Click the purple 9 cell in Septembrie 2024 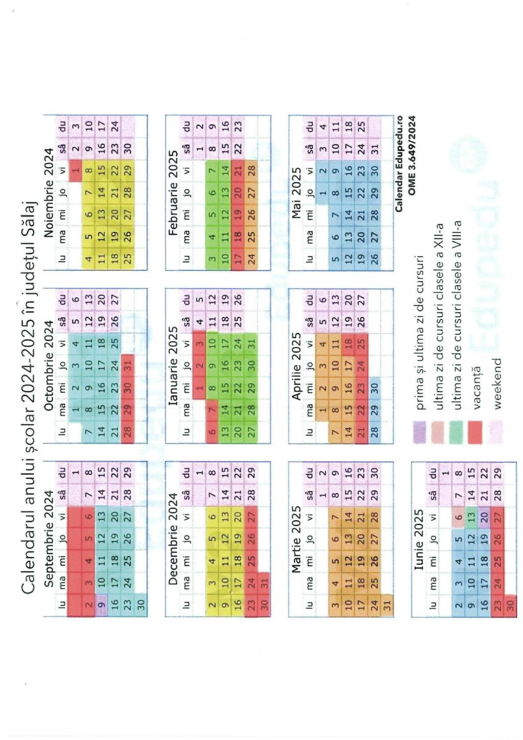[x=101, y=604]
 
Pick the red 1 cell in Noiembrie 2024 [x=76, y=168]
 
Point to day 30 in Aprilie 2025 [x=375, y=388]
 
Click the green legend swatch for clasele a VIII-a [x=457, y=432]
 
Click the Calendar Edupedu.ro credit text [x=399, y=164]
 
